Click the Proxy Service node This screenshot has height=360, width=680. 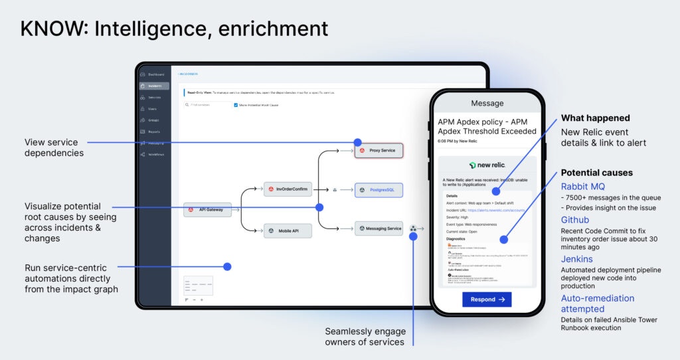click(379, 151)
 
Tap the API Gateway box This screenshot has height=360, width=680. click(207, 210)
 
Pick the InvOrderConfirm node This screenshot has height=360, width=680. click(288, 189)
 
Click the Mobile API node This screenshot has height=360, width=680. click(288, 231)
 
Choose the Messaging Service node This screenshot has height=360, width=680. click(379, 228)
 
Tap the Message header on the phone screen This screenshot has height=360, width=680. click(487, 104)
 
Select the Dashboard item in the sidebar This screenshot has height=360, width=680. click(155, 74)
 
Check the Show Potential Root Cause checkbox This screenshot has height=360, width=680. click(235, 105)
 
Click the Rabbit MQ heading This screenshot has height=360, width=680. click(583, 187)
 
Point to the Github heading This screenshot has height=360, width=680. click(575, 220)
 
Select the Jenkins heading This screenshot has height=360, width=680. click(577, 259)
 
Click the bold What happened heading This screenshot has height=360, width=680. click(595, 118)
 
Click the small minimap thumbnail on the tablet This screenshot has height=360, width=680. click(198, 286)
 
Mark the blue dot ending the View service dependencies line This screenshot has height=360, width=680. click(358, 142)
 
